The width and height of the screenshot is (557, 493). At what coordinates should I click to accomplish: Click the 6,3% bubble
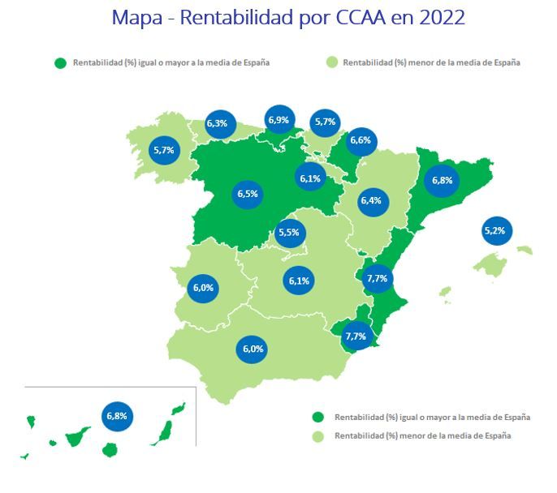coord(218,124)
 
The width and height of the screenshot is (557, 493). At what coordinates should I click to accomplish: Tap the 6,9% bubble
coord(278,121)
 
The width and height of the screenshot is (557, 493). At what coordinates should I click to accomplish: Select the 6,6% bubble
coord(361,141)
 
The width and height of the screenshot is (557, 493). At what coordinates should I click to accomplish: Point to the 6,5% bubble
coord(248,194)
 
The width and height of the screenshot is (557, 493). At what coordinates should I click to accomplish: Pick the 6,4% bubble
coord(370,200)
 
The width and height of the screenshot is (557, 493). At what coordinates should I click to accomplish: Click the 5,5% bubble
coord(289,233)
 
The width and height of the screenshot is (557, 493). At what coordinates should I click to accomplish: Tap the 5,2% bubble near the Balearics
coord(494,231)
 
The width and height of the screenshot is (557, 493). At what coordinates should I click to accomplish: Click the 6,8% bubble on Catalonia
coord(443,180)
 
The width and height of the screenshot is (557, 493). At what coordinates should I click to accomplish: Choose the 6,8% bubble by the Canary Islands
coord(117,416)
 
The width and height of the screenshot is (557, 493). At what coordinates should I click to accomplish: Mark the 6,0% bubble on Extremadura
coord(203,288)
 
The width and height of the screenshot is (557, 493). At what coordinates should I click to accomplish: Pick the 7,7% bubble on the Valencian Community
coord(378,278)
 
